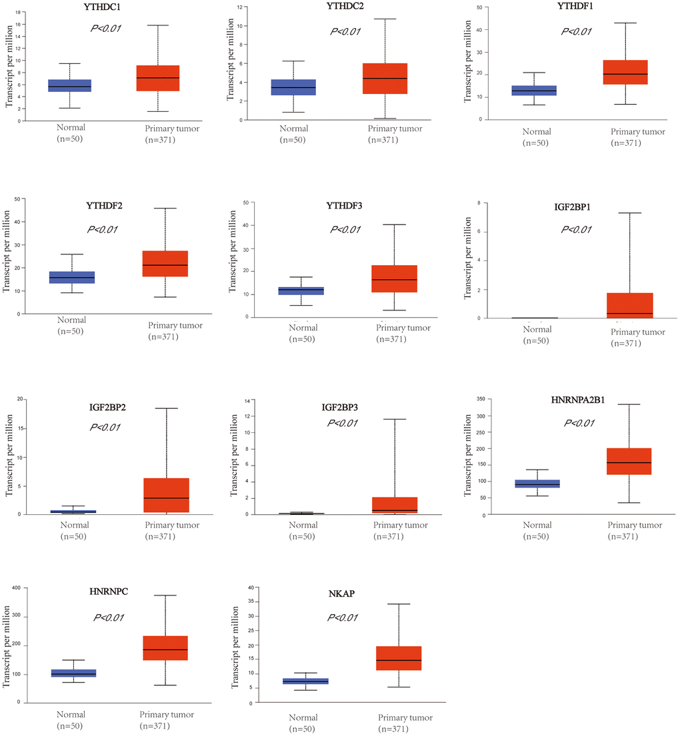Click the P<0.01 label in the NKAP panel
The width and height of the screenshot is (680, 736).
pos(342,617)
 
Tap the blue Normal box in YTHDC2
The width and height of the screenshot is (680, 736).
pos(294,87)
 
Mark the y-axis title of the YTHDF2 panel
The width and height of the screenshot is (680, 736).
pos(7,252)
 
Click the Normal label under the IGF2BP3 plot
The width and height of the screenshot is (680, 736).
pos(304,525)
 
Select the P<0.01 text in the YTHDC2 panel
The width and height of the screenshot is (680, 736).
pos(345,32)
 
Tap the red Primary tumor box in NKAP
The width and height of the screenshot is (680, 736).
pos(399,658)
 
